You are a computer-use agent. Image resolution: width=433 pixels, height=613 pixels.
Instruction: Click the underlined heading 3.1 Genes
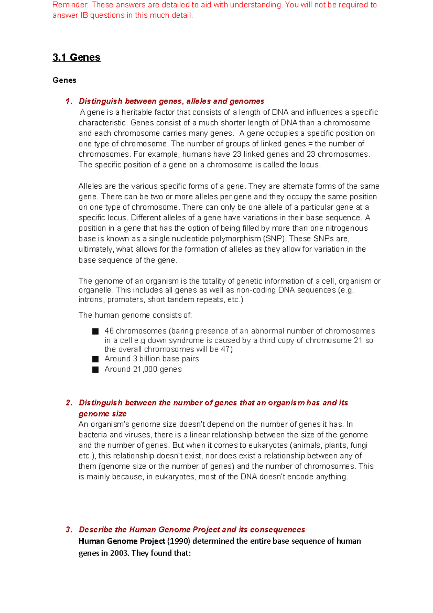coord(76,57)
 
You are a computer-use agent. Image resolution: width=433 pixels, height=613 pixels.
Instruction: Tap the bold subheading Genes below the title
coord(64,80)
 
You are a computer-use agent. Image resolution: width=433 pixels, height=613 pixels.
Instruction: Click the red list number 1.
coord(69,101)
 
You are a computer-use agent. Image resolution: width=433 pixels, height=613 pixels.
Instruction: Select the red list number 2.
coord(69,403)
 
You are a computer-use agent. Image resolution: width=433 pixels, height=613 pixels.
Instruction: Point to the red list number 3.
coord(69,530)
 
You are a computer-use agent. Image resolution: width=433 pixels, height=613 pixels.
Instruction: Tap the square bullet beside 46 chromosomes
coord(95,331)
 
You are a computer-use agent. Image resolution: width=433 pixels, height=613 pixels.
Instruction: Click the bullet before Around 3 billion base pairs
coord(95,359)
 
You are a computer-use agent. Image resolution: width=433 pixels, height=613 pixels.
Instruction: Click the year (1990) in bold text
coord(179,541)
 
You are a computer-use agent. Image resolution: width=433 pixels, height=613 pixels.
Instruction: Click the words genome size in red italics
coord(102,414)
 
